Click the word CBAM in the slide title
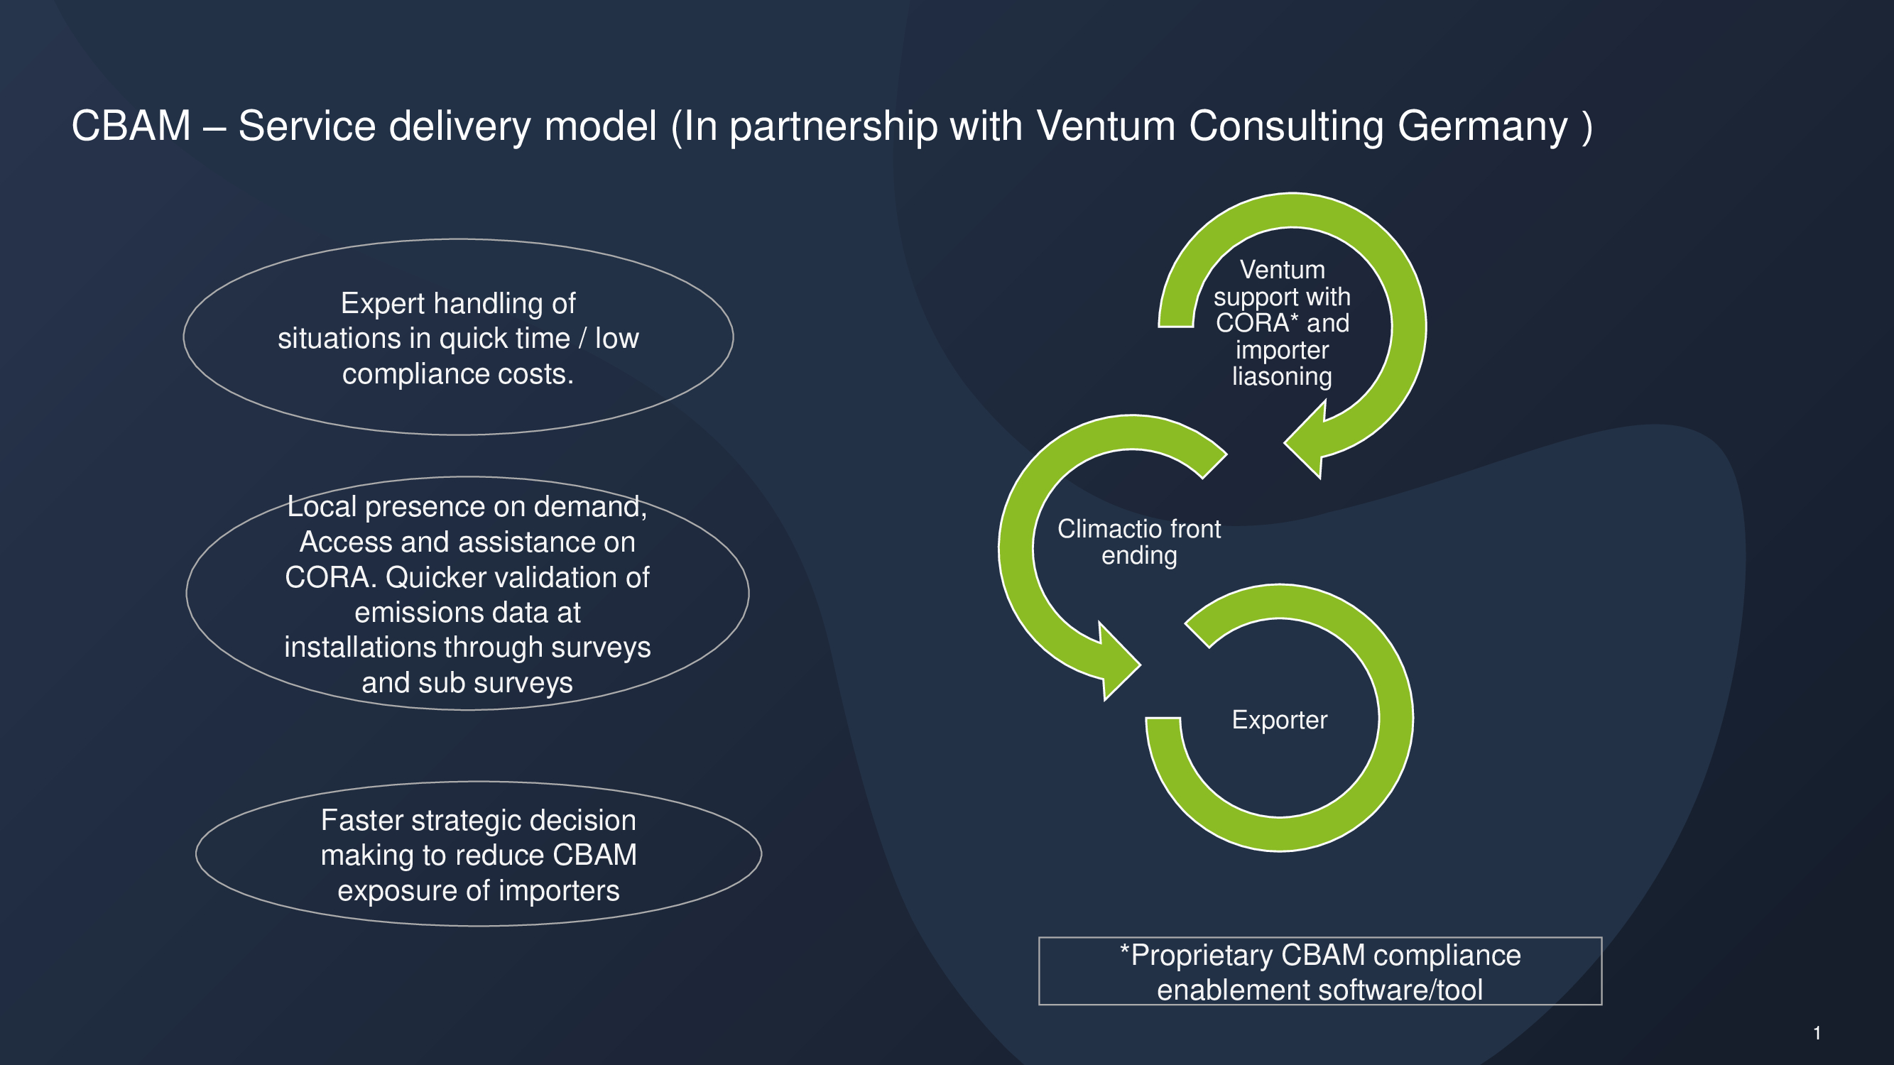coord(131,126)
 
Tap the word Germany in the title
coord(1482,126)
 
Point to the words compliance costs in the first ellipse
coord(457,374)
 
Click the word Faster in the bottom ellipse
coord(361,820)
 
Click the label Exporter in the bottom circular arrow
coord(1279,719)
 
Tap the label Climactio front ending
coord(1139,542)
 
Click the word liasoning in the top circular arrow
coord(1282,376)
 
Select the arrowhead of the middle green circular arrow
coord(1114,662)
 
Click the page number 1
coord(1816,1033)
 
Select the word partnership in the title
coord(833,126)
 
